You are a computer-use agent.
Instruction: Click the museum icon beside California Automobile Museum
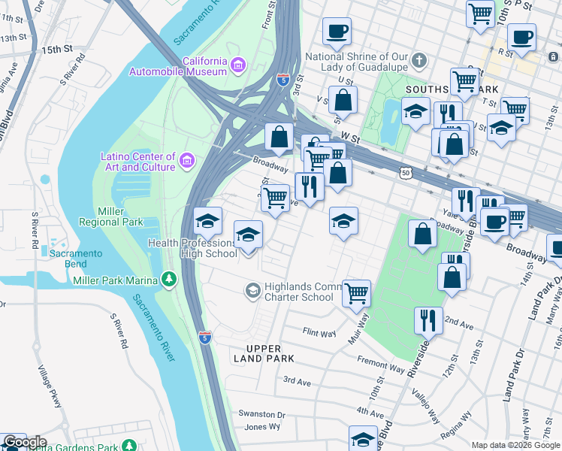[238, 65]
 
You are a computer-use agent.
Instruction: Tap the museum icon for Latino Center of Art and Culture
[187, 160]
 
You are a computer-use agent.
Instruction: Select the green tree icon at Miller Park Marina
[171, 280]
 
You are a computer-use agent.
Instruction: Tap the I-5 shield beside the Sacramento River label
[204, 337]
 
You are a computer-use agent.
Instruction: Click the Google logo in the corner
[24, 442]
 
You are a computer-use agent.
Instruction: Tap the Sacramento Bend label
[76, 259]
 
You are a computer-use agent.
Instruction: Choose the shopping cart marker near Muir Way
[357, 293]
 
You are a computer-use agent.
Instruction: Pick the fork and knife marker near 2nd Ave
[428, 320]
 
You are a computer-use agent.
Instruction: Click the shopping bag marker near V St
[343, 100]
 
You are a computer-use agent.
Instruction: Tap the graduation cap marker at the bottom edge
[363, 439]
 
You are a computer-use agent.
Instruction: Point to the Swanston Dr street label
[261, 414]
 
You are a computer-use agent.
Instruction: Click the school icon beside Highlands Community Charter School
[254, 289]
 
